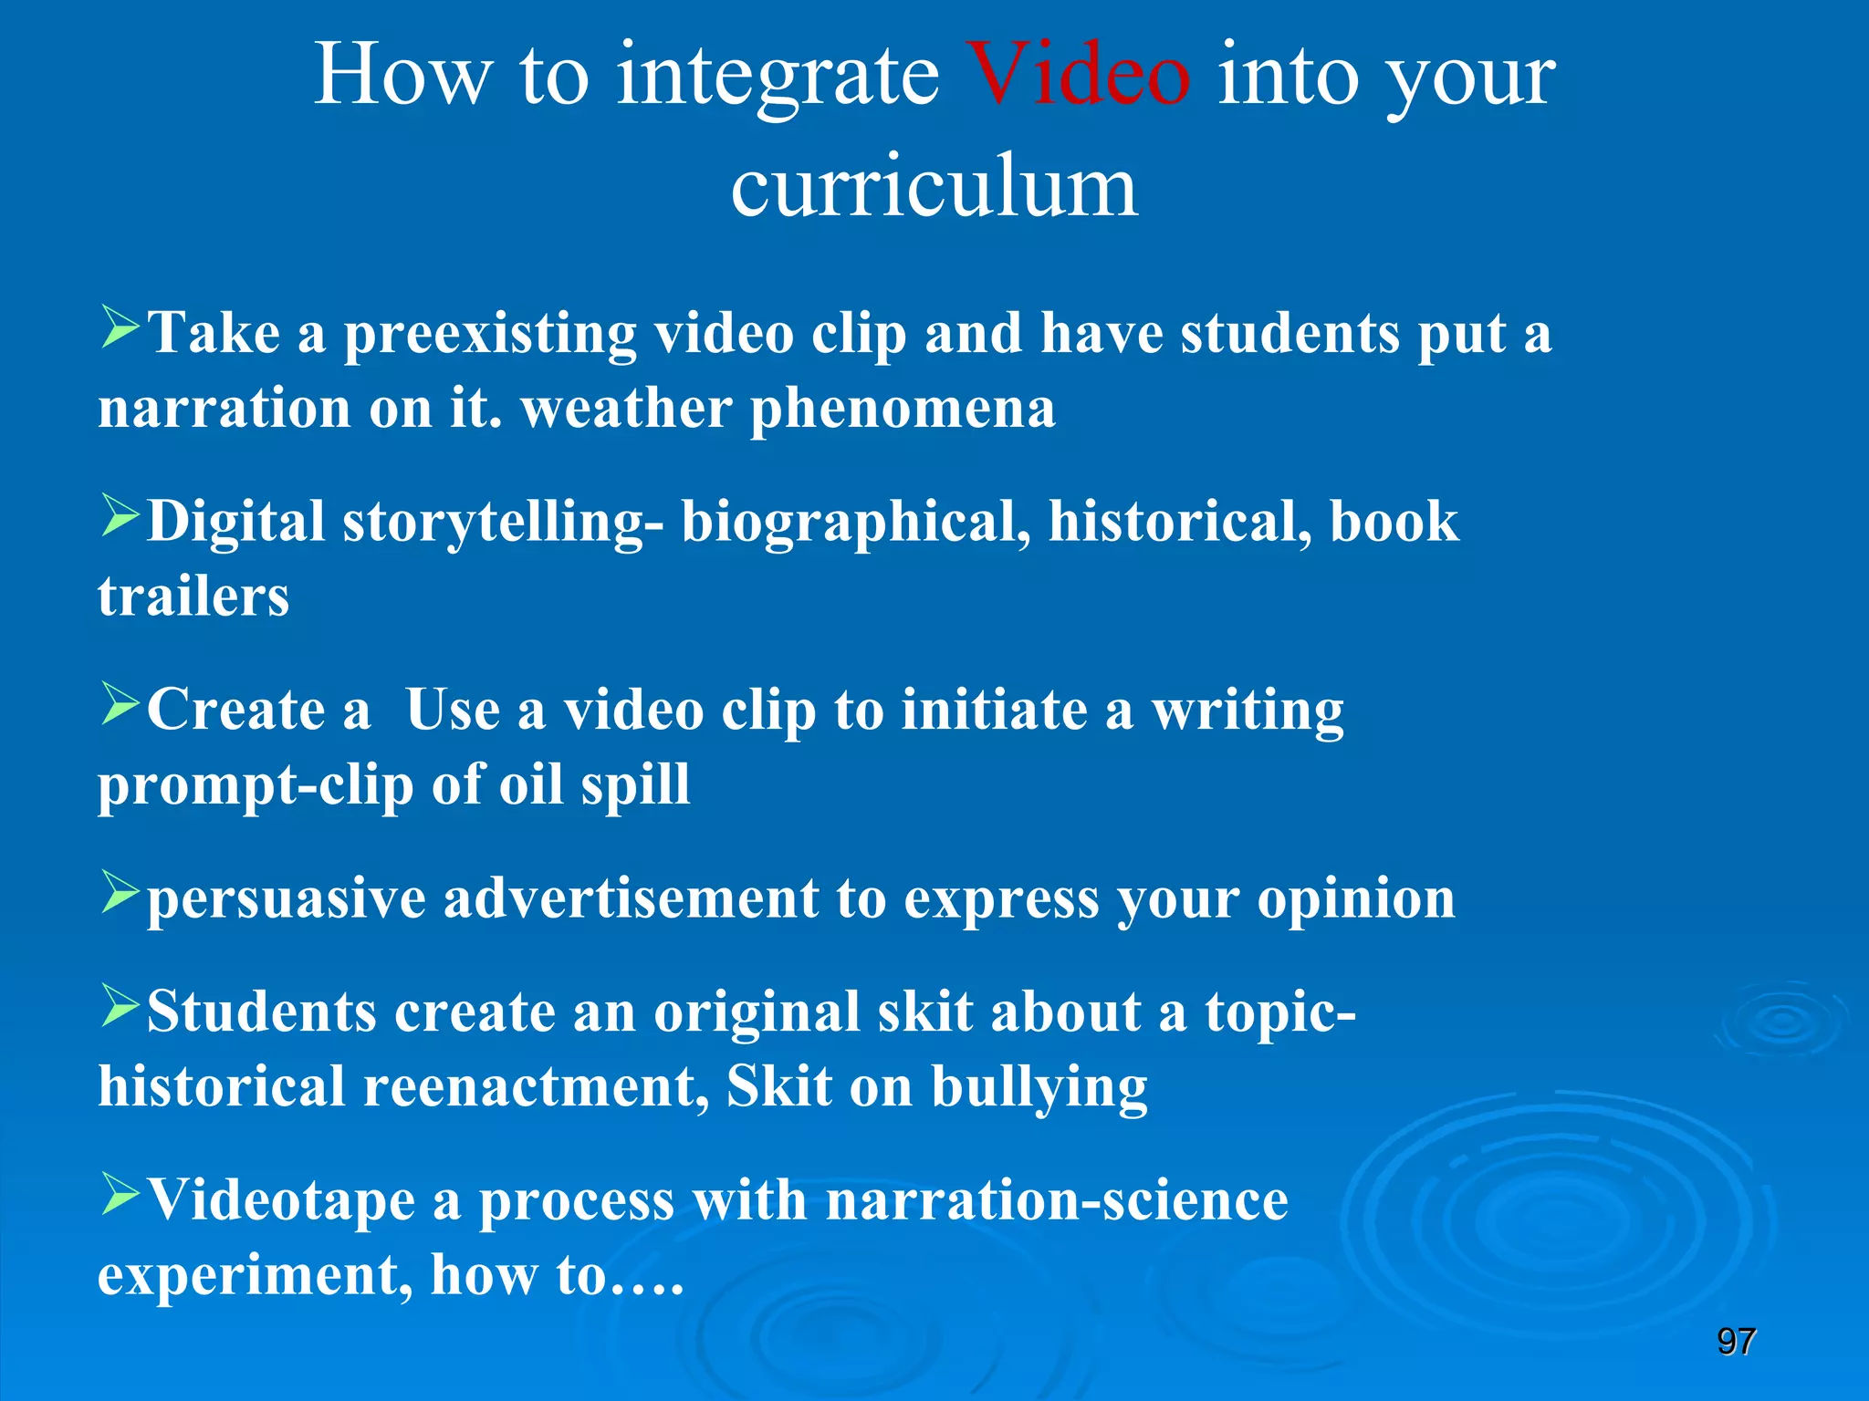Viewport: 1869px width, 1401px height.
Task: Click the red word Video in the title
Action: pyautogui.click(x=1079, y=77)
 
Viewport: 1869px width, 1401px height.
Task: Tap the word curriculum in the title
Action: pyautogui.click(x=934, y=188)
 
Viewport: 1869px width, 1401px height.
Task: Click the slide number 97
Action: pyautogui.click(x=1736, y=1342)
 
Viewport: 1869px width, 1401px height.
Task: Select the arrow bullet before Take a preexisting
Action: pyautogui.click(x=120, y=328)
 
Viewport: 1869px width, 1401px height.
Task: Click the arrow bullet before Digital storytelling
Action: pyautogui.click(x=120, y=516)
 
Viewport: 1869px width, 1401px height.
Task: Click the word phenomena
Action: pyautogui.click(x=903, y=410)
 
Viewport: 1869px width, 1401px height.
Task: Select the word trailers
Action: pyautogui.click(x=193, y=598)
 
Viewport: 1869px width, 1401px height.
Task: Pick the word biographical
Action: pyautogui.click(x=856, y=524)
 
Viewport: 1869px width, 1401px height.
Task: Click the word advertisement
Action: pyautogui.click(x=631, y=899)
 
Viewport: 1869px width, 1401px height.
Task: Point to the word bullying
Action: pyautogui.click(x=1039, y=1089)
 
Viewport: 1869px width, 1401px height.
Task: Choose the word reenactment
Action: pyautogui.click(x=536, y=1088)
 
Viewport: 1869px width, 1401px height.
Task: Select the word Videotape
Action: pyautogui.click(x=281, y=1200)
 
